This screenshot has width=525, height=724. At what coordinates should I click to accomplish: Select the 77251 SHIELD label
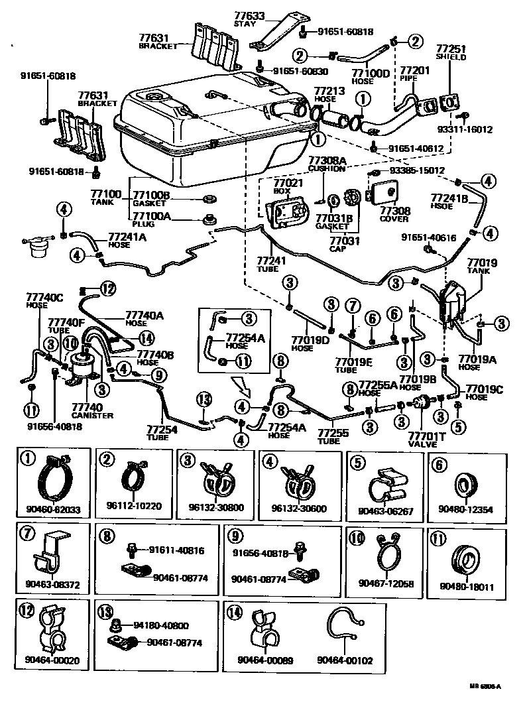[451, 52]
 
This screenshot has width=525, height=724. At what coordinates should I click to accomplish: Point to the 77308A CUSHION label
[327, 164]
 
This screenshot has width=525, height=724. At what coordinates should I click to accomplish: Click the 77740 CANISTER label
[91, 411]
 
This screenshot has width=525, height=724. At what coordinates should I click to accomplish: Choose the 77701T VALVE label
[424, 440]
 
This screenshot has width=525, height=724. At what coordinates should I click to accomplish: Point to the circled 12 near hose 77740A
[108, 287]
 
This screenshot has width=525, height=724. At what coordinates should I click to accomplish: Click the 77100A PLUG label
[152, 218]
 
